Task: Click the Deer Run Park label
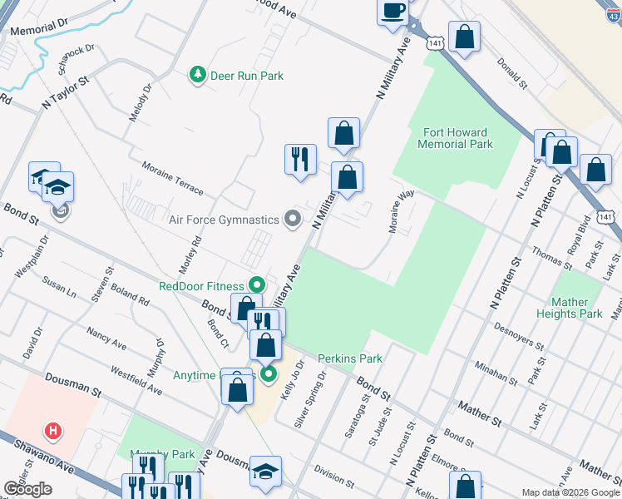pyautogui.click(x=247, y=76)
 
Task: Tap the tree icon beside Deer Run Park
pyautogui.click(x=198, y=76)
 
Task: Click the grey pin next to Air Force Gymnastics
pyautogui.click(x=292, y=219)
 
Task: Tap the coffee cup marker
pyautogui.click(x=392, y=12)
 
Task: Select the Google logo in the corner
pyautogui.click(x=27, y=489)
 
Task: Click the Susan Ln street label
pyautogui.click(x=59, y=289)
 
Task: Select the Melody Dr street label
pyautogui.click(x=140, y=102)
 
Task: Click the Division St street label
pyautogui.click(x=334, y=475)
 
